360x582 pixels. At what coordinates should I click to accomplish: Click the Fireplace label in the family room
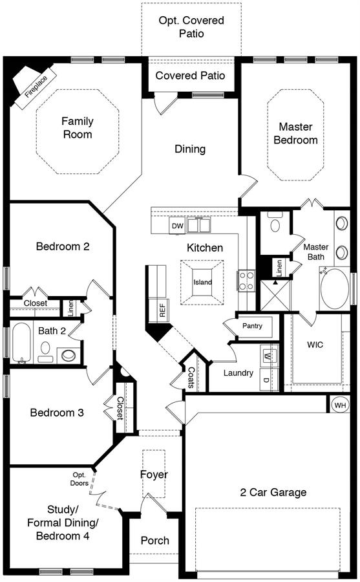coord(36,87)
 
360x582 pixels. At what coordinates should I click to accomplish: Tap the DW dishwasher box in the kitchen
coord(177,226)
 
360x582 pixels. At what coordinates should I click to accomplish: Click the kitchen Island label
coord(203,282)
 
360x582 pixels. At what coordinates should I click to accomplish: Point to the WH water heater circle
coord(339,405)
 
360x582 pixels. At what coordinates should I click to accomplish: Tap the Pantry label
coord(252,326)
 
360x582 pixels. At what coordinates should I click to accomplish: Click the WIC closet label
coord(315,345)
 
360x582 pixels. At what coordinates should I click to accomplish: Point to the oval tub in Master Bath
coord(334,289)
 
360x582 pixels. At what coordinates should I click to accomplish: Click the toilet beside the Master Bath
coord(275,222)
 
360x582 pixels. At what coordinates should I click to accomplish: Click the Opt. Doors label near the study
coord(79,479)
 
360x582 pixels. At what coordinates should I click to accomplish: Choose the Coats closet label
coord(191,378)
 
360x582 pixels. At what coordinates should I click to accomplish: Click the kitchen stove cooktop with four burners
coord(246,281)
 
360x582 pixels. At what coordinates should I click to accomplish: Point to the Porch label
coord(154,541)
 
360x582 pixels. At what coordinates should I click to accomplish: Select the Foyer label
coord(154,475)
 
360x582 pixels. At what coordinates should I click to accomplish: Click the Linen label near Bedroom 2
coord(71,308)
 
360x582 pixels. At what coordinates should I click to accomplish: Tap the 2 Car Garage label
coord(273,492)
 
